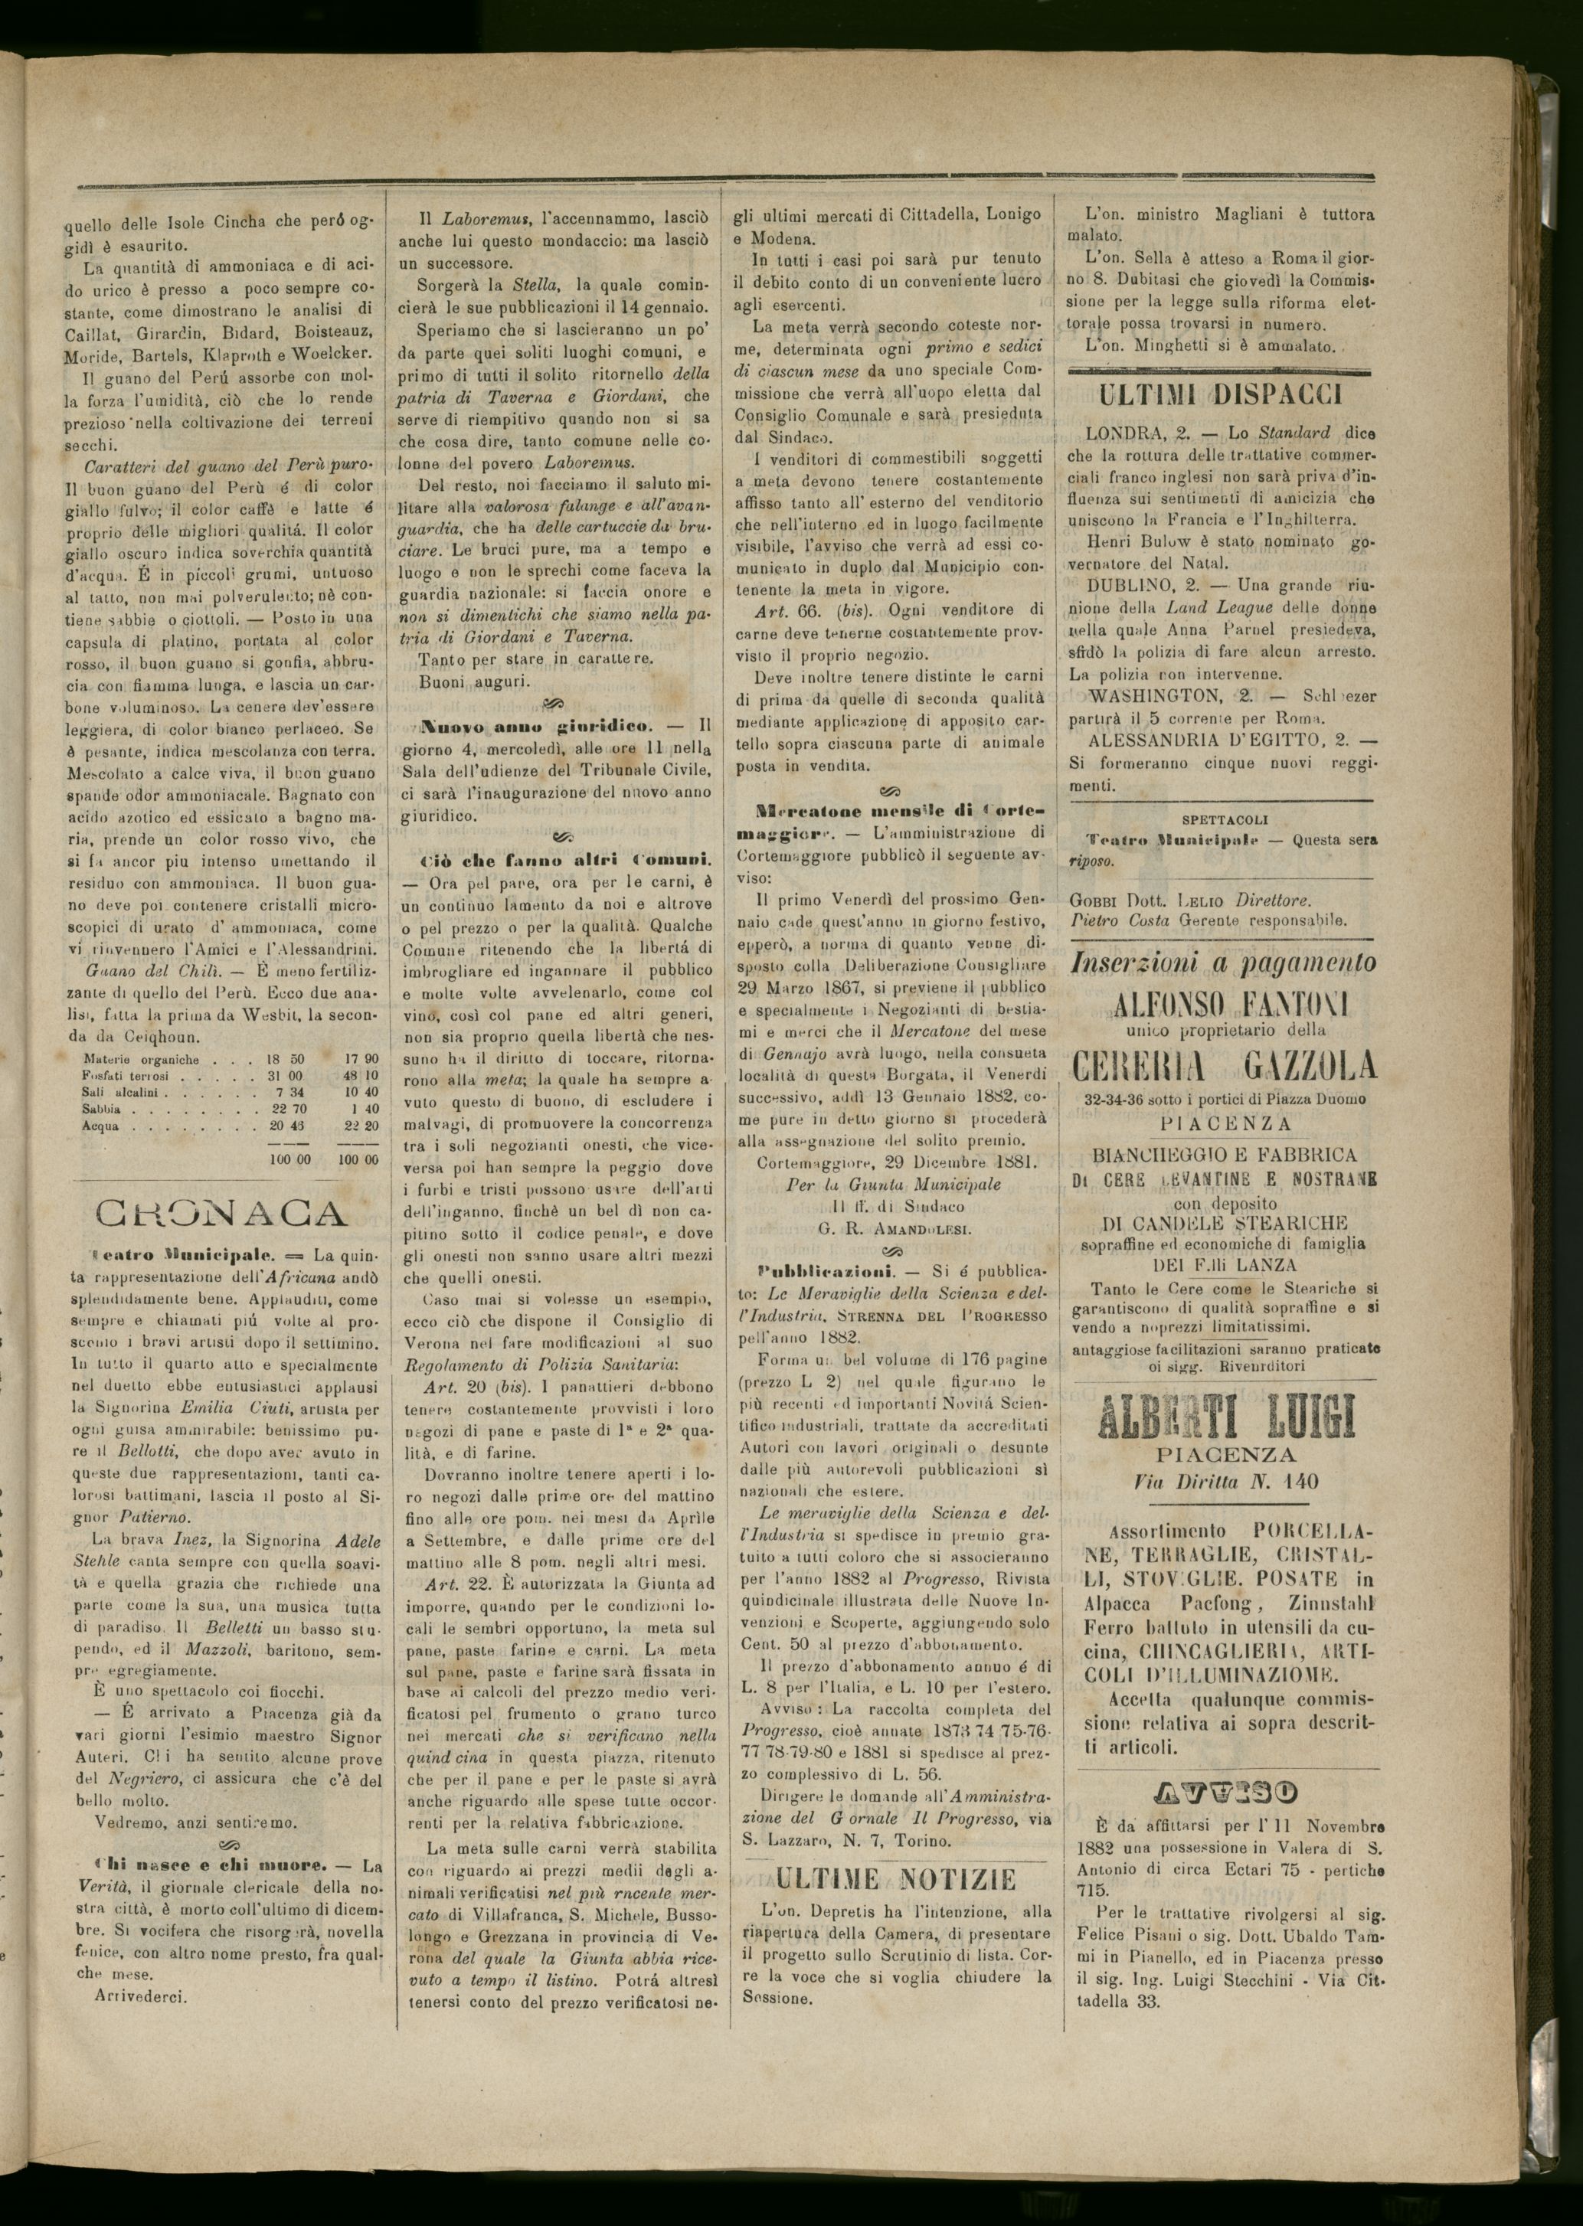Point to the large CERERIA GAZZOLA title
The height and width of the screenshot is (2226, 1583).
(x=1225, y=1065)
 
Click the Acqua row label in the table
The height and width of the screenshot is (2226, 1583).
(x=100, y=1126)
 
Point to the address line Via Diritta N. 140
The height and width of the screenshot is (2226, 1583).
(x=1225, y=1482)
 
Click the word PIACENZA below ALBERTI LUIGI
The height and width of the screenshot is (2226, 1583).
(x=1225, y=1454)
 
